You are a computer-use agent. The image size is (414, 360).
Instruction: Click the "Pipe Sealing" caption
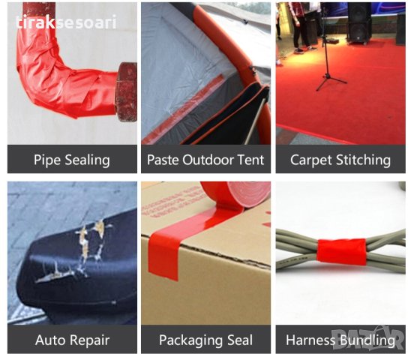72,160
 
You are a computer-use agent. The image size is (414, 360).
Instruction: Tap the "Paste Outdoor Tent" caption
205,160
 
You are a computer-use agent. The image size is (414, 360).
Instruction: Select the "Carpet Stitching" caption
340,160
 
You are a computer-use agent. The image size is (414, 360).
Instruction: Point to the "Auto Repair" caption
72,340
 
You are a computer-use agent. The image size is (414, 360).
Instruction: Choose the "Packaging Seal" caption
205,340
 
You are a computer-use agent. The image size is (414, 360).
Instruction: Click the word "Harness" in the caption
310,340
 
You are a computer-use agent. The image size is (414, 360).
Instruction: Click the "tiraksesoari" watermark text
66,22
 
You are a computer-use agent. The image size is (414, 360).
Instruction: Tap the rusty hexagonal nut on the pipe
127,92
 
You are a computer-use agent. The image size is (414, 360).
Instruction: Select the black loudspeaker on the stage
359,23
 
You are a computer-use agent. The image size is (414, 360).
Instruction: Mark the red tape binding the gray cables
341,251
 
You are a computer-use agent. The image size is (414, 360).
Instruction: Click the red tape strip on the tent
182,109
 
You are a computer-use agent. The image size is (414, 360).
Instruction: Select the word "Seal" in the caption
240,340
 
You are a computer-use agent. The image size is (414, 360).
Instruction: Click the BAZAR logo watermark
367,338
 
